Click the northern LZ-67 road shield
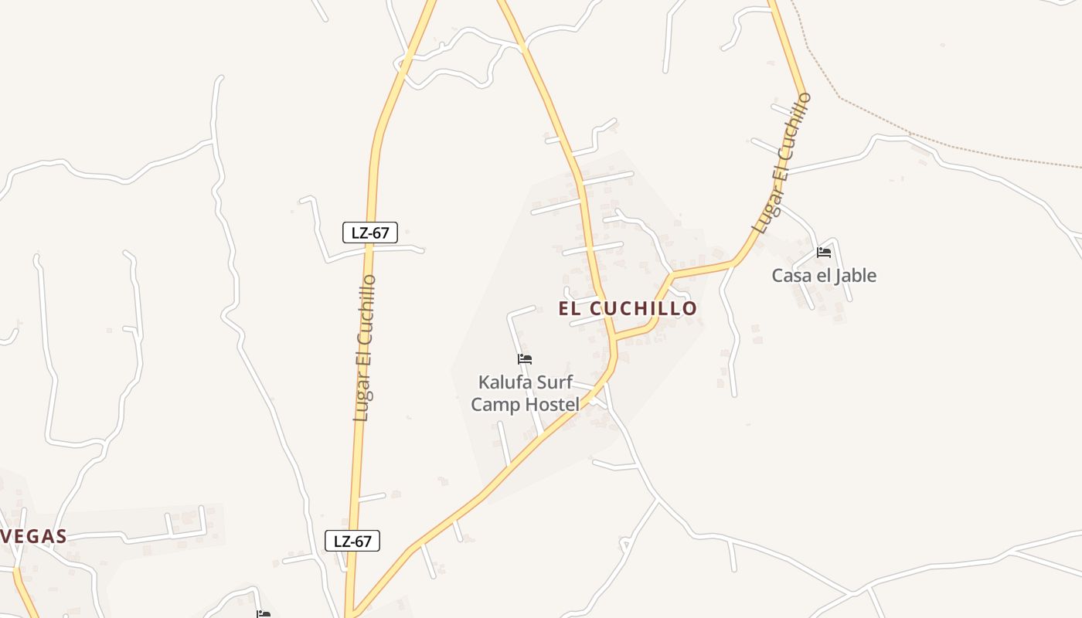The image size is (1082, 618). [x=370, y=232]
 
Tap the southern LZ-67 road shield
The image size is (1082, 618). [x=352, y=541]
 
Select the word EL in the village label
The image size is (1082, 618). [x=571, y=308]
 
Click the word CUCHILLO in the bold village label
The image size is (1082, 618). [x=644, y=308]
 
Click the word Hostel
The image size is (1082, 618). [x=553, y=404]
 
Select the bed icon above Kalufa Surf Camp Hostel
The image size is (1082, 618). [x=525, y=359]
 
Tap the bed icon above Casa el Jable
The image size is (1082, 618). [x=824, y=253]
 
